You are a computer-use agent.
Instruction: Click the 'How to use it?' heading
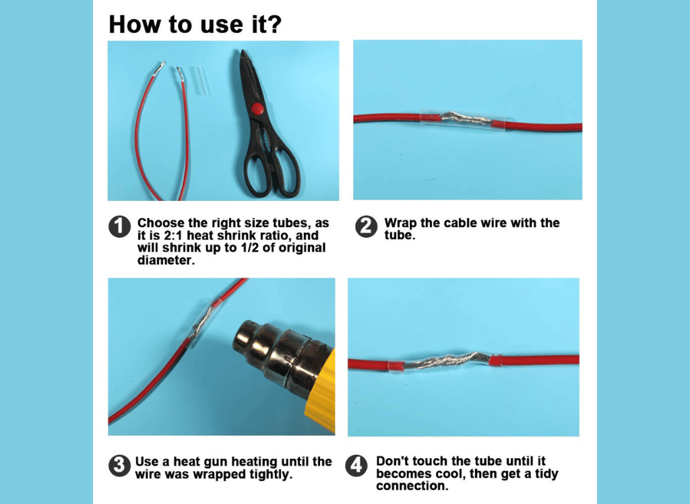click(195, 24)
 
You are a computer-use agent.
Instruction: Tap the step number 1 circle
click(119, 226)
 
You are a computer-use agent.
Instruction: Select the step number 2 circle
click(366, 226)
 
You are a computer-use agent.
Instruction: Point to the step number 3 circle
click(119, 466)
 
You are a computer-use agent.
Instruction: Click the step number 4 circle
click(356, 466)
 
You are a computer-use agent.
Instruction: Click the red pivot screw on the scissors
click(256, 108)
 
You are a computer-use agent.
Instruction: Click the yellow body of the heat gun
click(322, 391)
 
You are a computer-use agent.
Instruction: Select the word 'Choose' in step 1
click(160, 223)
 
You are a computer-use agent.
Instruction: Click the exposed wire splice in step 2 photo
click(466, 118)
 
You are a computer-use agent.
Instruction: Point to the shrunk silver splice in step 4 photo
click(447, 361)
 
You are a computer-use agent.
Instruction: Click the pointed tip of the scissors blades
click(242, 51)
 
